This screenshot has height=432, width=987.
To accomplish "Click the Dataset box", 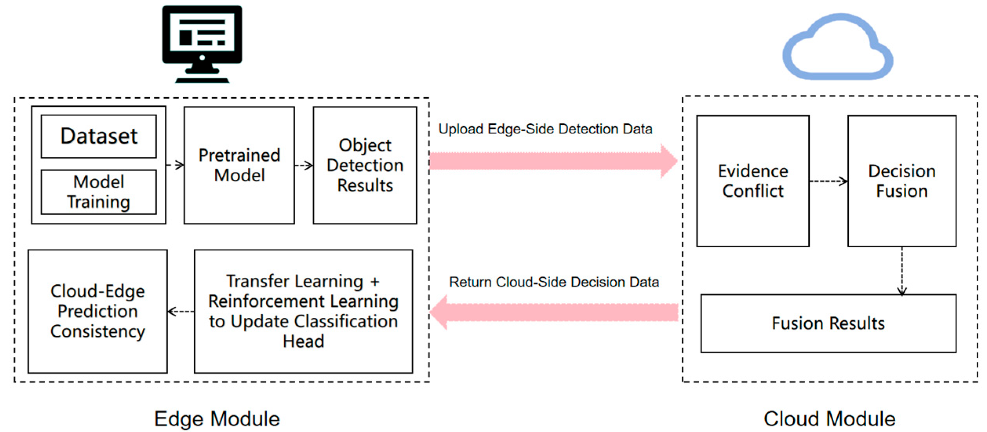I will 99,136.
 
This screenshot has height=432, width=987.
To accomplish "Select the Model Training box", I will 99,192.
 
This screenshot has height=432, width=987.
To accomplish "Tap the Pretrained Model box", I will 239,165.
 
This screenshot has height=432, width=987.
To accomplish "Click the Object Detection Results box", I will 365,165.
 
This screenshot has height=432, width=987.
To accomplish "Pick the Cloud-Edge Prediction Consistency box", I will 98,311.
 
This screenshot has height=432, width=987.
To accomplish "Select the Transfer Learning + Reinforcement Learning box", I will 303,311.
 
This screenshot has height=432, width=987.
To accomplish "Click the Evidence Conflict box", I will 753,181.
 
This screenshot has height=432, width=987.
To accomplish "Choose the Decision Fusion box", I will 902,181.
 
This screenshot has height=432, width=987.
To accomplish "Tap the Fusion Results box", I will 828,323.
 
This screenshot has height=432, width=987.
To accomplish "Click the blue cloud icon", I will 838,49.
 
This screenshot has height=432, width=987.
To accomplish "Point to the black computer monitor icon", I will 202,43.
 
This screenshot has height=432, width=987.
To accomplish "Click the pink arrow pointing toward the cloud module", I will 553,161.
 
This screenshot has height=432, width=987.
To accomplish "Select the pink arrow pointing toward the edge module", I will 553,312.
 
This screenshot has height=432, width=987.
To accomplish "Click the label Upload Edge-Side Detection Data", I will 545,129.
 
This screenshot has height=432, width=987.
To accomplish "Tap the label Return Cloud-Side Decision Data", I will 554,282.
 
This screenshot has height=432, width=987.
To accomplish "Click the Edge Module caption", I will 217,418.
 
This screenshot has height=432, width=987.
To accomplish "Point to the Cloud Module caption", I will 829,418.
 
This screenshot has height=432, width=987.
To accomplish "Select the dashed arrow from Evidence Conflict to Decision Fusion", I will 828,181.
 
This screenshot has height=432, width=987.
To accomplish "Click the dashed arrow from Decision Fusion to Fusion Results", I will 902,271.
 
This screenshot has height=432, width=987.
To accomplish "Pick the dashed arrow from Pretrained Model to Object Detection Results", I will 304,165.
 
